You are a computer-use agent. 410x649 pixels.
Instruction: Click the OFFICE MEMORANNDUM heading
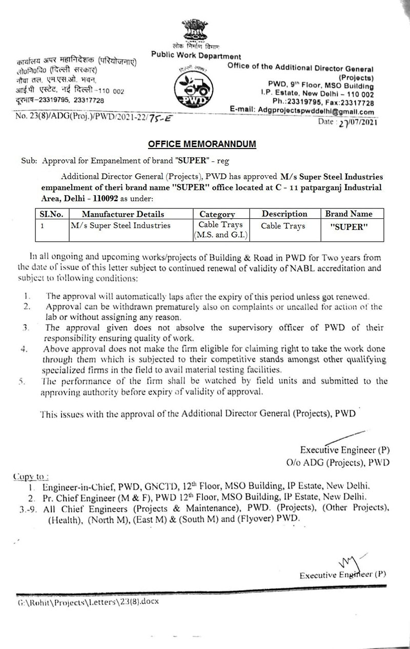coord(206,145)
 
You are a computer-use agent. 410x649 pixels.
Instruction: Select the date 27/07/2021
coord(352,123)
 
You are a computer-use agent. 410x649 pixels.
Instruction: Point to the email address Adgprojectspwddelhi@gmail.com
coord(313,112)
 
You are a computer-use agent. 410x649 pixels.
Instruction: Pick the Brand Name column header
coord(349,214)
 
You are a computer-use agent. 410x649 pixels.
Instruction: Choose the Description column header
coord(284,214)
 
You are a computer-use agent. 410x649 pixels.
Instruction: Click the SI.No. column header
coord(51,214)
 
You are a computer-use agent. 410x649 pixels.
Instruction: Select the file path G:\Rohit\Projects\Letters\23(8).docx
coord(88,602)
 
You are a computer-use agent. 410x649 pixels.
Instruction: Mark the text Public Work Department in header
coord(196,55)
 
